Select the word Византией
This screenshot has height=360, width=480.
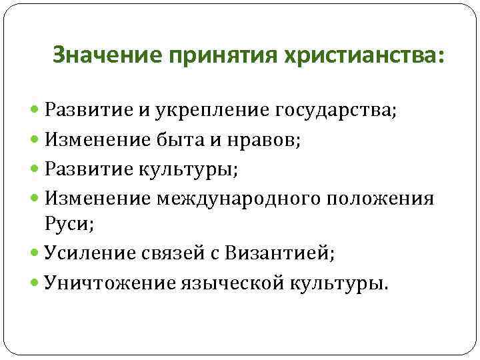279,254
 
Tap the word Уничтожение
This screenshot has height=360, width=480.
109,283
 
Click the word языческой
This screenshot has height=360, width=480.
233,283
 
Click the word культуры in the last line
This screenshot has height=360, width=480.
337,283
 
